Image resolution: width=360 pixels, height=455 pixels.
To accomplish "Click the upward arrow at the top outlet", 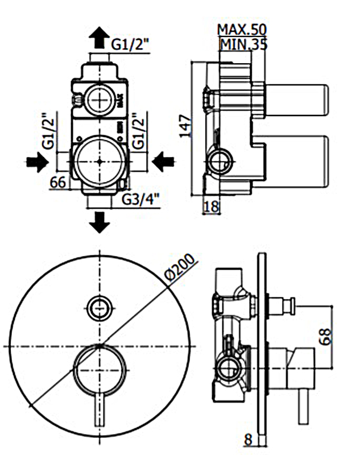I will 98,38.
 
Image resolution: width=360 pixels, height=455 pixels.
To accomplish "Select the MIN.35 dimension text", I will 243,43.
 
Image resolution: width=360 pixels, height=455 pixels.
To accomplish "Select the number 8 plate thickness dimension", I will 248,439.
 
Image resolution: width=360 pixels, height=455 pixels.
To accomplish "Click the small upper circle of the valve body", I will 100,100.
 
